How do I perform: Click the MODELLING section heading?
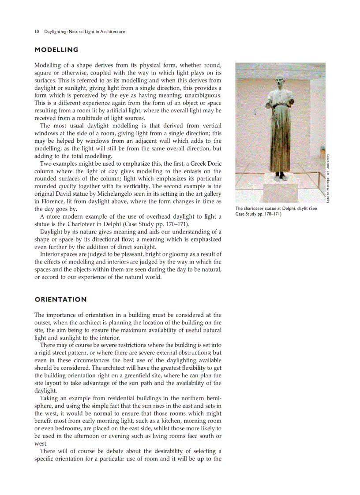[x=56, y=50]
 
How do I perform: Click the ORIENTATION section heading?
[x=60, y=300]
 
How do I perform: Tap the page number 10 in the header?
[x=37, y=32]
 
